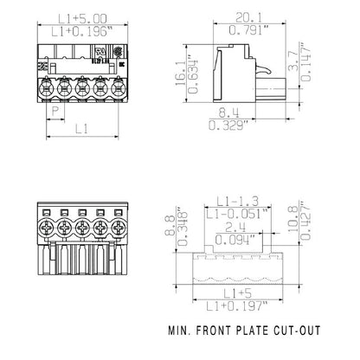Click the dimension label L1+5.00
pyautogui.click(x=74, y=16)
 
